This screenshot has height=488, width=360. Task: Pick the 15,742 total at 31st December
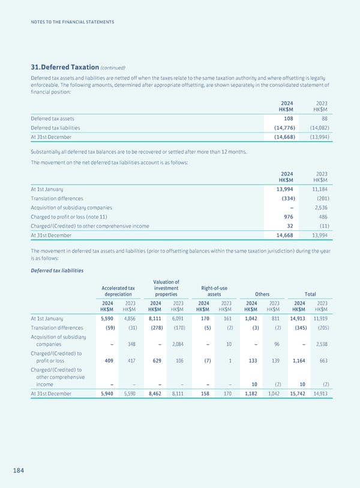tap(299, 393)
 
